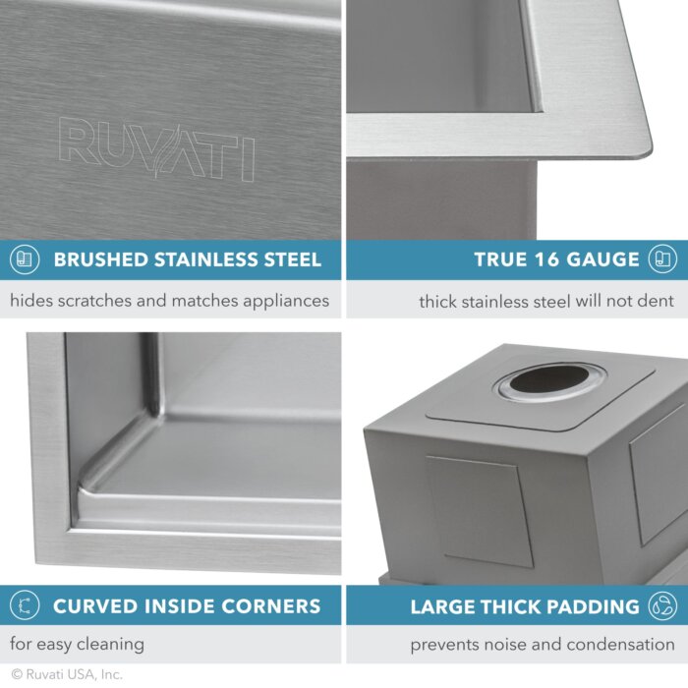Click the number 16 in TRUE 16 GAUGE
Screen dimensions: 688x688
[545, 260]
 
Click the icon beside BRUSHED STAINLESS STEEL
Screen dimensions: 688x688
[24, 260]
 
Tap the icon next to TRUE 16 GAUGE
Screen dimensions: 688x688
[662, 260]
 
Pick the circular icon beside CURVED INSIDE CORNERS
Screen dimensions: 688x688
[24, 606]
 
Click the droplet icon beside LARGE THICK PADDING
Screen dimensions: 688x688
[662, 606]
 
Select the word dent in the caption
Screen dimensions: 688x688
[657, 302]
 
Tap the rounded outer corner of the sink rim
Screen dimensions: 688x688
[644, 147]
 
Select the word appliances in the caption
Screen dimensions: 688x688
[280, 301]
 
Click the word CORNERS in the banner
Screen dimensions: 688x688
[268, 606]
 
